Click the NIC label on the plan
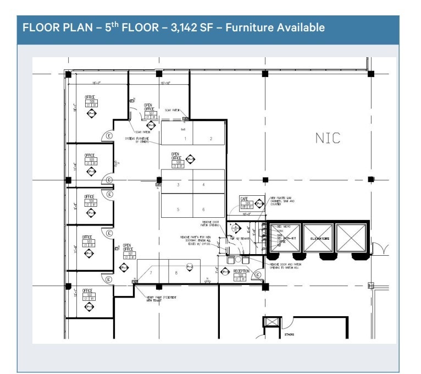(328, 138)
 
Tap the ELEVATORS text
(319, 239)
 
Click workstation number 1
(185, 139)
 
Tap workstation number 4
(203, 185)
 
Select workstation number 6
(203, 210)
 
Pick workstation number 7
(151, 272)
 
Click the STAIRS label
(289, 334)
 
